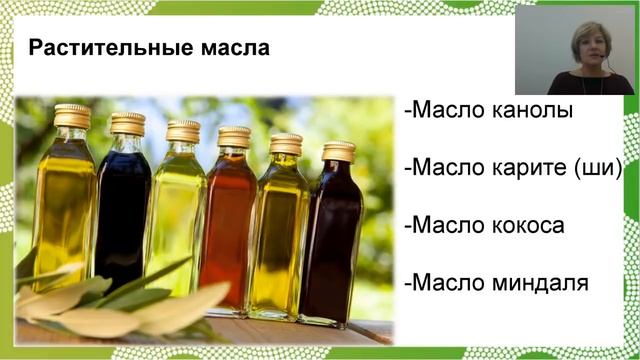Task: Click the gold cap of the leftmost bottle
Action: point(72,115)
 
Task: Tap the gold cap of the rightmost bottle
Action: point(339,152)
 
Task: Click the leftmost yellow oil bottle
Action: point(66,210)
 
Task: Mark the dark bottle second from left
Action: point(122,215)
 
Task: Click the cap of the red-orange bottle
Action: point(234,137)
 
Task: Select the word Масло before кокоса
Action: point(447,225)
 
